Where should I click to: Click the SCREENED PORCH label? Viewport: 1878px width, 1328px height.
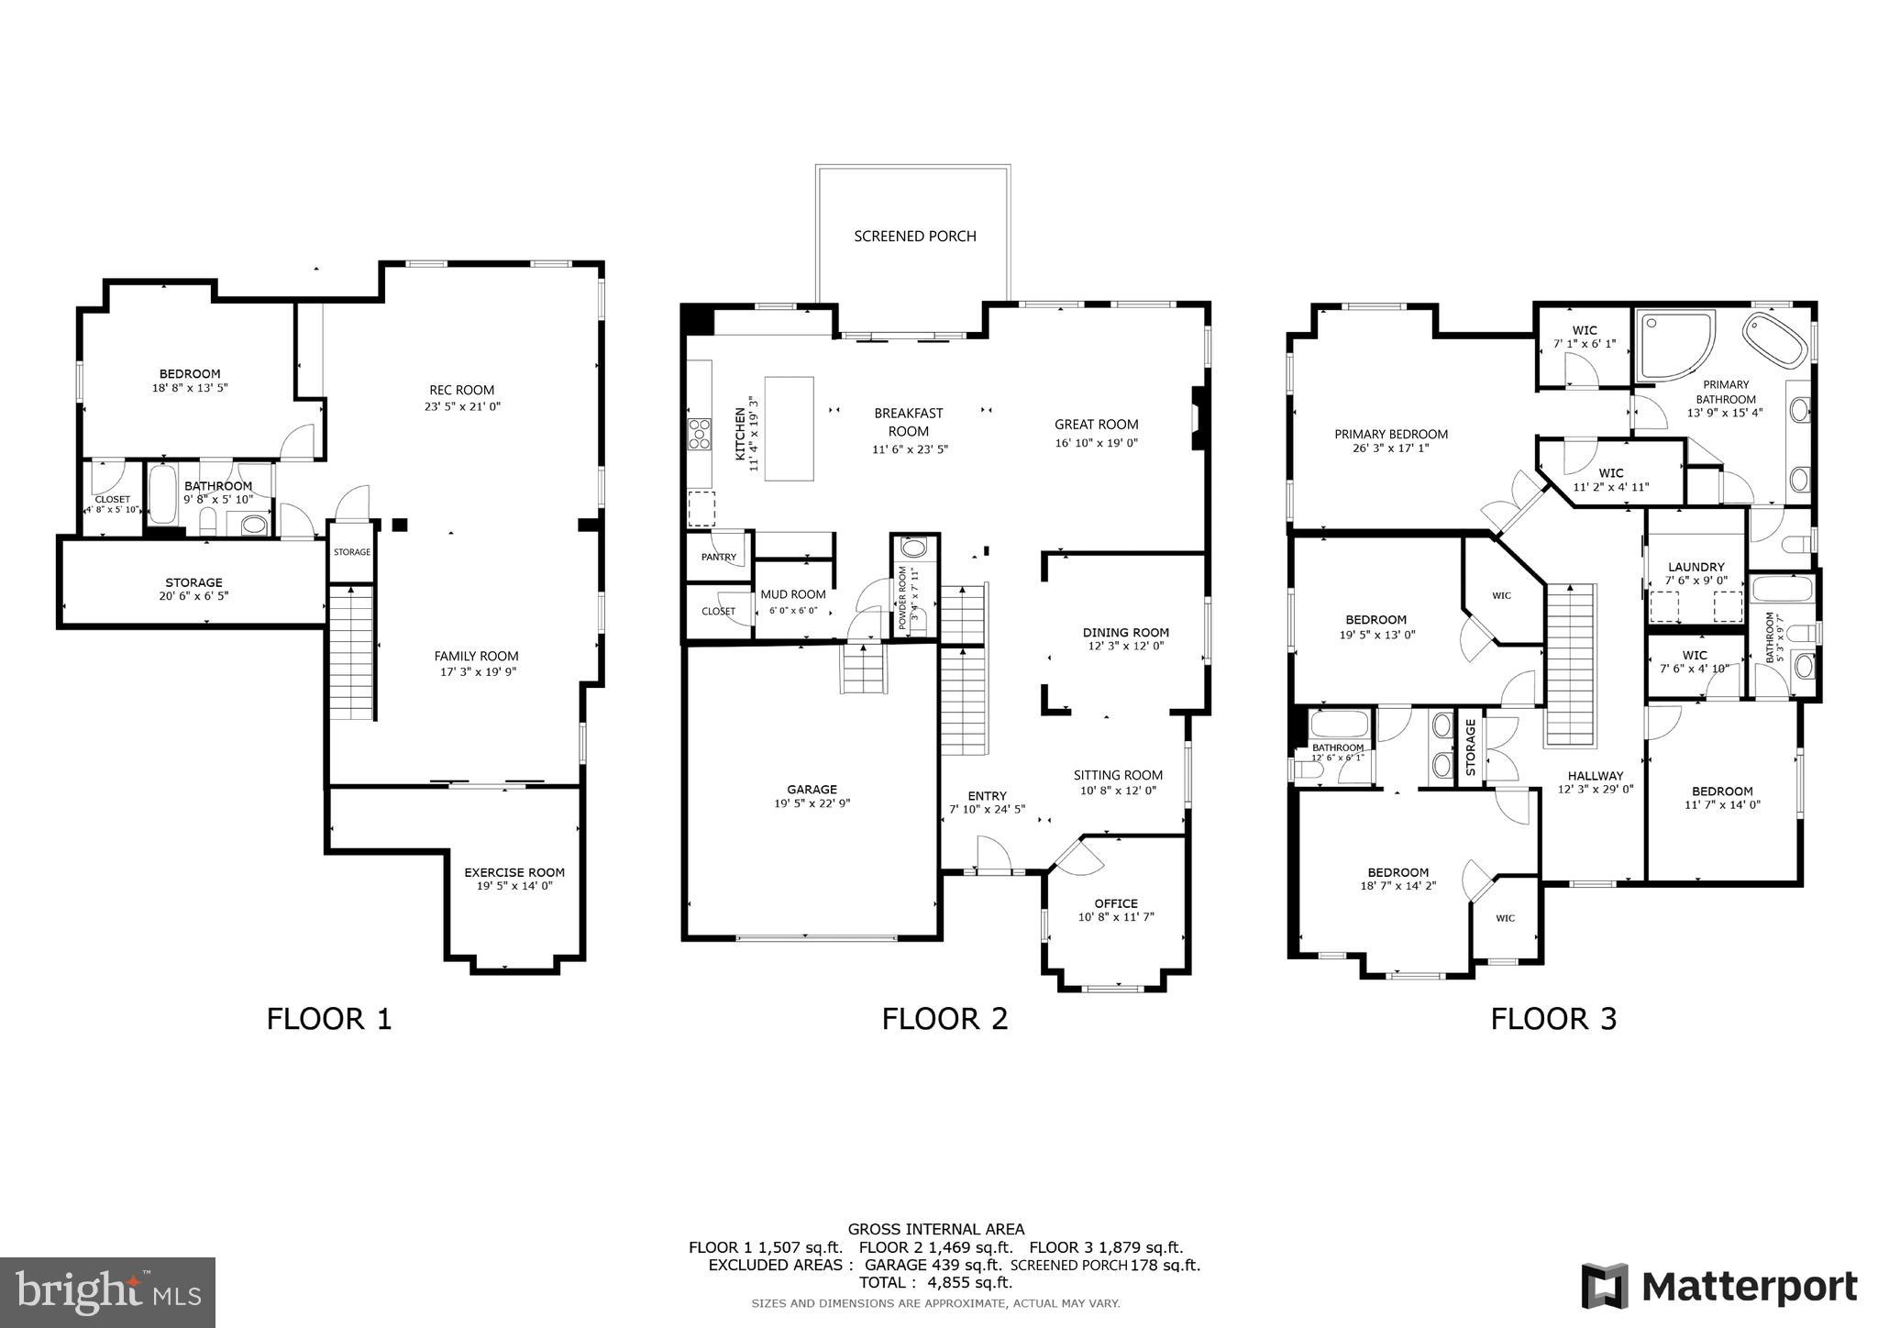tap(914, 237)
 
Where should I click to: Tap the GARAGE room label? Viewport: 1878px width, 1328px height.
tap(812, 790)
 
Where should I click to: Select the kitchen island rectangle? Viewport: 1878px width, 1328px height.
tap(789, 428)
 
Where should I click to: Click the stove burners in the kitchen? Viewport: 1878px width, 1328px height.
tap(699, 434)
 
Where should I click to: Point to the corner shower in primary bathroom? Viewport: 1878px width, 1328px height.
tap(1674, 345)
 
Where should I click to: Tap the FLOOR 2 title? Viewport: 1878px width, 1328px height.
tap(945, 1019)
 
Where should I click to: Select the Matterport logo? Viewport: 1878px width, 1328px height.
tap(1719, 1287)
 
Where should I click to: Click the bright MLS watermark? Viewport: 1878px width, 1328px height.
tap(107, 1292)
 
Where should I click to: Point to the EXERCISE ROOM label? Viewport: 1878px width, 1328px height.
tap(514, 872)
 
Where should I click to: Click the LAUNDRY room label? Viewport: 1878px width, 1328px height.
tap(1696, 567)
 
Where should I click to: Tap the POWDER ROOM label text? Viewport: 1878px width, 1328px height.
tap(902, 596)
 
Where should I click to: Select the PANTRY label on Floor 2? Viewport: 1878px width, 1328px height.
tap(718, 557)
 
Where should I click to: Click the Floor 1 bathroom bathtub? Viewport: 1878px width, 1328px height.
tap(163, 495)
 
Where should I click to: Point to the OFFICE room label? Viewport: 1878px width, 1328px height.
tap(1115, 903)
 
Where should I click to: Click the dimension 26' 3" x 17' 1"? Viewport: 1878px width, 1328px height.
tap(1390, 448)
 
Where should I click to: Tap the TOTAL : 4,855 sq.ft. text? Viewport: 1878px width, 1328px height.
tap(935, 1283)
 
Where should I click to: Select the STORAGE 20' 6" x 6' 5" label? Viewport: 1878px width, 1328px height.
tap(193, 589)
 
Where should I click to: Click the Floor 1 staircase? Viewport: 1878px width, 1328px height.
tap(352, 653)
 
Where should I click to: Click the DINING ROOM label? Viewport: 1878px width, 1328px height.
tap(1125, 632)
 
